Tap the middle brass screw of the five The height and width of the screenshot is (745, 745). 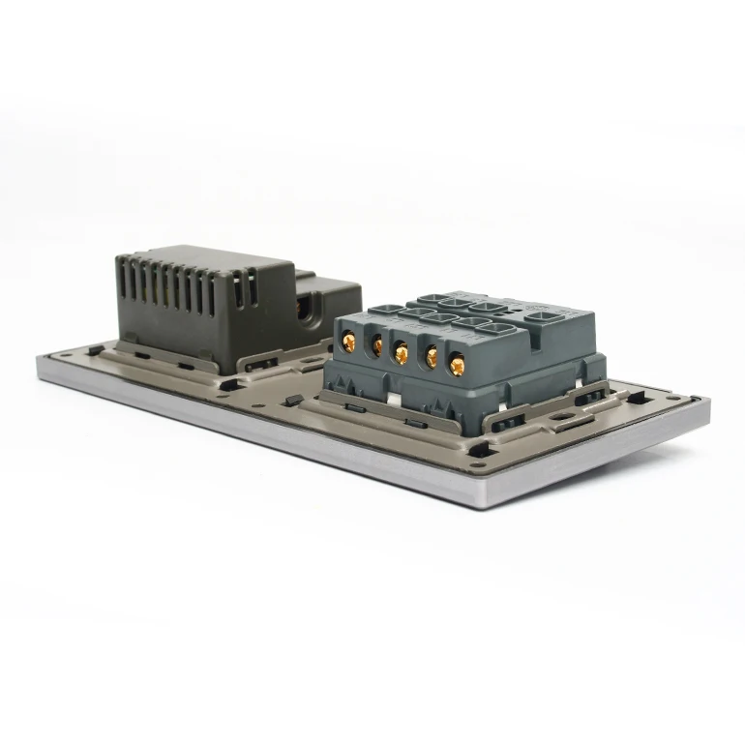click(401, 354)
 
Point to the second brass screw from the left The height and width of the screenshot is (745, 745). click(375, 345)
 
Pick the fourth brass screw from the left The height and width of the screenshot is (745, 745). click(429, 361)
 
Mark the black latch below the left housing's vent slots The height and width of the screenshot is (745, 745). click(258, 366)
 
